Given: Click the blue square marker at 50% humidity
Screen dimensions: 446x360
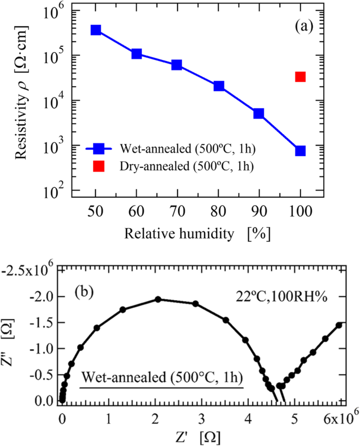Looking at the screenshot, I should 96,30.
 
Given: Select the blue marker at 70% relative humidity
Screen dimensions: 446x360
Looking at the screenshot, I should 177,65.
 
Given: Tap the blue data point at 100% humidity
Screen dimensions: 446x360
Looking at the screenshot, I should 300,151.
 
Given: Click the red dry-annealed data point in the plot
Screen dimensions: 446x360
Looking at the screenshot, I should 300,77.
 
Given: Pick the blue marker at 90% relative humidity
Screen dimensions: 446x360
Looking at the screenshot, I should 259,114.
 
